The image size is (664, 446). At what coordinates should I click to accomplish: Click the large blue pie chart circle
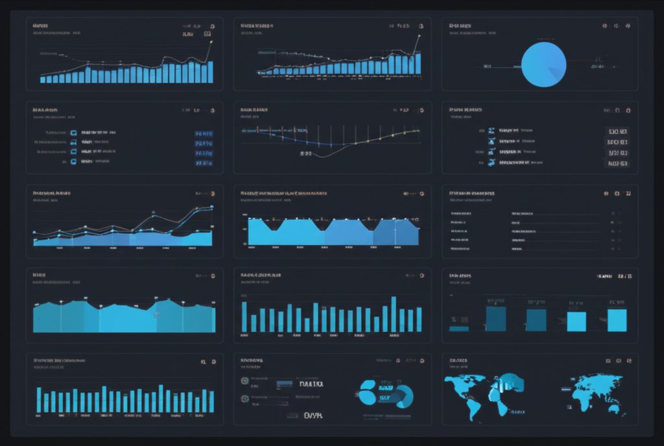(x=543, y=65)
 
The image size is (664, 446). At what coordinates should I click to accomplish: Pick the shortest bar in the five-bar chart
(x=459, y=329)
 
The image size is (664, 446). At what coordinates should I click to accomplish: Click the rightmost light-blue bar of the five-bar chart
(x=617, y=320)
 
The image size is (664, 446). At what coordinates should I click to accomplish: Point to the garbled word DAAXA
(x=311, y=384)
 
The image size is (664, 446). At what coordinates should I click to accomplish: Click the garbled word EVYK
(x=313, y=415)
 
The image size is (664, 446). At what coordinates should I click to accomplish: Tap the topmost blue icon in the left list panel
(x=73, y=132)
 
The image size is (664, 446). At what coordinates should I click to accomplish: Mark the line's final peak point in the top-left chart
(x=210, y=41)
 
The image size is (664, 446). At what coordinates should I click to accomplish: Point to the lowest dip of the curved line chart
(x=324, y=156)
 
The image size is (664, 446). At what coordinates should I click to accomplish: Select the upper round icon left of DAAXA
(x=244, y=381)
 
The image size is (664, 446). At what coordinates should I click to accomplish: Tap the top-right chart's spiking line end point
(x=419, y=36)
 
